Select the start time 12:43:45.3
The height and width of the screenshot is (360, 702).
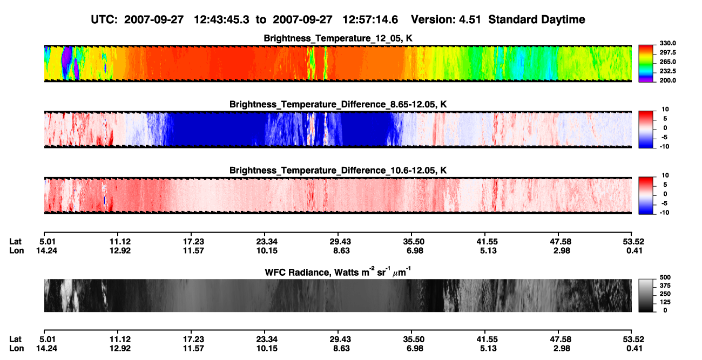(221, 19)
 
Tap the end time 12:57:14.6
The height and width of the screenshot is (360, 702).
(370, 19)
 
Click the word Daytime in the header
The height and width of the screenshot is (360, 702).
(560, 19)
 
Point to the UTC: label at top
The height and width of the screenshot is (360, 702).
(104, 19)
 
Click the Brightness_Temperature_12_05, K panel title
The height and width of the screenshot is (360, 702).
(338, 38)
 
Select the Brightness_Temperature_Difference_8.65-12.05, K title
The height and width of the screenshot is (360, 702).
(338, 104)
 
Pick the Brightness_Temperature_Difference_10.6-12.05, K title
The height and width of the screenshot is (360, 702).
(338, 171)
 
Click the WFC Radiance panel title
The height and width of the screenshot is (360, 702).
(338, 271)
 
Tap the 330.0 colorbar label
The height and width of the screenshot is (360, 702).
(667, 43)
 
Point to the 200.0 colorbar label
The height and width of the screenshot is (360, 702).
(667, 80)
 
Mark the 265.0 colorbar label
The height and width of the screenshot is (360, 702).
(667, 62)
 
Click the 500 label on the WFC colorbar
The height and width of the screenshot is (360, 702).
(665, 277)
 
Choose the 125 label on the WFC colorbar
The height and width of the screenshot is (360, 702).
(665, 302)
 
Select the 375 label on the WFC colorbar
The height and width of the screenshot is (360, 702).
(665, 286)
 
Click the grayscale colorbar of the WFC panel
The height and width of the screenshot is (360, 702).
(646, 295)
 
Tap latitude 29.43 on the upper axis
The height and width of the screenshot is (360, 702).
(340, 242)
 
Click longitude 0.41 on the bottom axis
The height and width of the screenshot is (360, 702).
(634, 349)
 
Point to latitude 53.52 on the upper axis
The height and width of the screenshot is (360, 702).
(633, 242)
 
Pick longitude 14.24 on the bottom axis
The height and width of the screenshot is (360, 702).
(46, 349)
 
